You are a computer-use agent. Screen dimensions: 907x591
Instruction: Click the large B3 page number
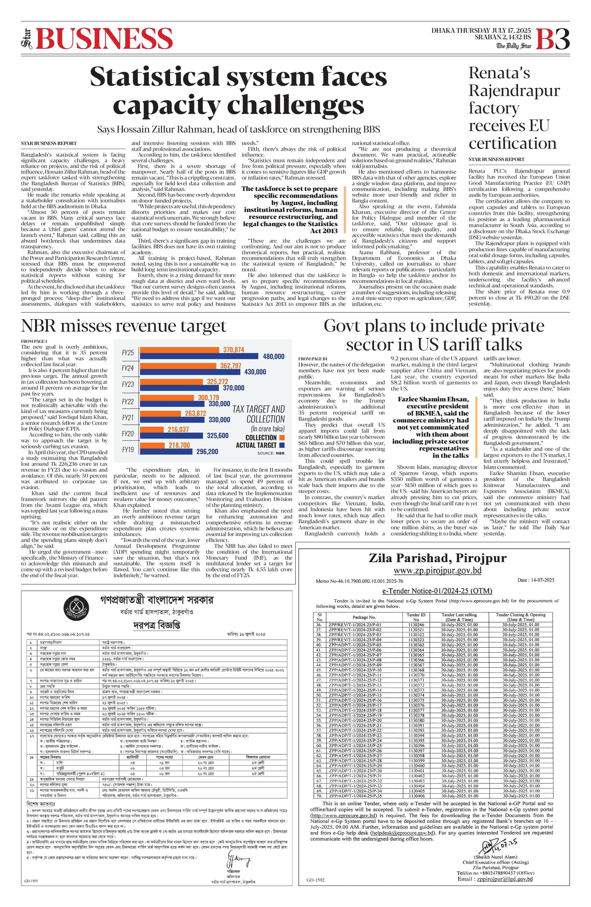click(x=553, y=39)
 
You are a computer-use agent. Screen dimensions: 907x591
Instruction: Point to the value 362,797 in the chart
click(x=230, y=365)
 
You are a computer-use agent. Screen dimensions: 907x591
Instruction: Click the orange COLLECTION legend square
click(x=282, y=438)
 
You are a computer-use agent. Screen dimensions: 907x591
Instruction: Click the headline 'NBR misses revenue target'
click(x=124, y=326)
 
